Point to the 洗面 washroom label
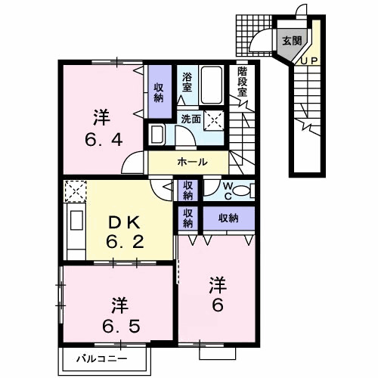(x=190, y=119)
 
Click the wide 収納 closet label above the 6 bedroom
(x=228, y=218)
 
